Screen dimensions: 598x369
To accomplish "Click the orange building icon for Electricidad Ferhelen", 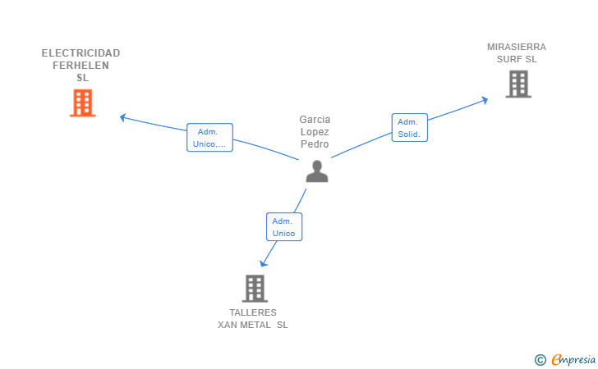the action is tap(82, 102).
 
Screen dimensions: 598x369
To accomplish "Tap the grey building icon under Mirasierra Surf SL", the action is tap(518, 84).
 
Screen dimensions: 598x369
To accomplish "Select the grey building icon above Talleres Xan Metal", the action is tap(255, 289).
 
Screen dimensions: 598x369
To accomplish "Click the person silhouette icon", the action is tap(317, 171).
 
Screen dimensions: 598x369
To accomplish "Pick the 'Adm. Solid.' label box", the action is tap(410, 128).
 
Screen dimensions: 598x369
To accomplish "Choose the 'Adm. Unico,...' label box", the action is tap(209, 138).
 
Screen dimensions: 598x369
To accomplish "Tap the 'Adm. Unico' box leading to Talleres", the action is tap(284, 227).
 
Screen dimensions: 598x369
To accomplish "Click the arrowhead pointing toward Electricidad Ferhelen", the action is tap(123, 117).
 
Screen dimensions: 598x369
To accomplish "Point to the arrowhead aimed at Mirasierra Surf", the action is tap(485, 100).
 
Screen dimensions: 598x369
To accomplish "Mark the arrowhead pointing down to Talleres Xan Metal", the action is tap(263, 263).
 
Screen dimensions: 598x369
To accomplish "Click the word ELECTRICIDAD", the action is tap(80, 53).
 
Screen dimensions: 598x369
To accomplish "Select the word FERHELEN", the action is tap(80, 66).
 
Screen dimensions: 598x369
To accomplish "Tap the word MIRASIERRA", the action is tap(517, 47).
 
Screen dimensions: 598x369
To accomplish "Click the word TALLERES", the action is tap(253, 312).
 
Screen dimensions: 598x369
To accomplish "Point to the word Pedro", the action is tap(315, 144).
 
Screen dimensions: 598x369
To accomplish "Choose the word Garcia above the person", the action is tap(315, 120).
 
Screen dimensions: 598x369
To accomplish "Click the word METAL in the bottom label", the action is tap(255, 325).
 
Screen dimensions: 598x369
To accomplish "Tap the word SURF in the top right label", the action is tap(510, 59).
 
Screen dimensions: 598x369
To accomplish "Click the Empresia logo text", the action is tap(573, 359).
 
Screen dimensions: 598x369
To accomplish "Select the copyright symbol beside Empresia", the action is tap(540, 360).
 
